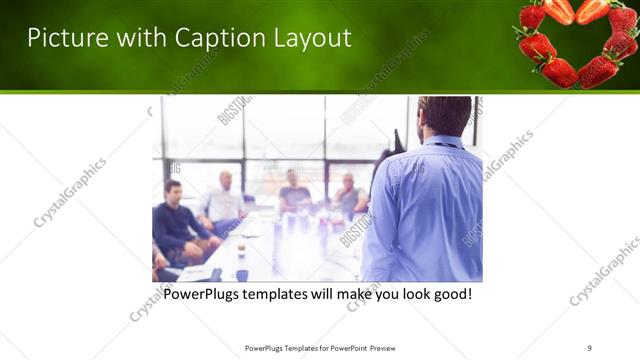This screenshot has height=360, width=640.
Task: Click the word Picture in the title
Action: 62,38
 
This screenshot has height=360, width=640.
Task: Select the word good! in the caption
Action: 450,296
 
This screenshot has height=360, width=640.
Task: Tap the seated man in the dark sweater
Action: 177,222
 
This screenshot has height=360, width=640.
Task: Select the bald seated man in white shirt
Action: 225,200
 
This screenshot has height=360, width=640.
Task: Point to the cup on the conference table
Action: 242,274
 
